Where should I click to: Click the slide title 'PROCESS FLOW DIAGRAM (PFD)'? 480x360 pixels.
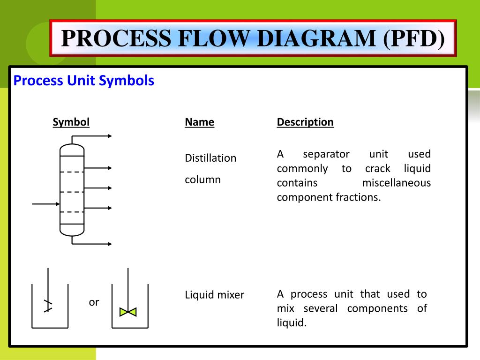253,38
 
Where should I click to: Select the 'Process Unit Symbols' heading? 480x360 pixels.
84,81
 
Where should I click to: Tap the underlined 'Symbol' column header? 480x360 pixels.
71,122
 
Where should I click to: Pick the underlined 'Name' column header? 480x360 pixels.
199,122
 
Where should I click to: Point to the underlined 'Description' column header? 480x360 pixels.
305,122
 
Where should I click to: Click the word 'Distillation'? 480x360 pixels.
210,158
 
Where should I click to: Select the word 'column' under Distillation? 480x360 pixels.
202,180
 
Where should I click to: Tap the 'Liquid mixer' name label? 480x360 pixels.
214,295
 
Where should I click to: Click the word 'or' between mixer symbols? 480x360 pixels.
94,302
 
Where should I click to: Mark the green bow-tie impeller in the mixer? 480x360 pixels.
128,312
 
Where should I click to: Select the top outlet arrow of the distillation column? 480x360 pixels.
94,136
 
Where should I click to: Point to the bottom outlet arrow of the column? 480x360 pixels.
94,244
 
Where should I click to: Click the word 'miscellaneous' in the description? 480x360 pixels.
396,182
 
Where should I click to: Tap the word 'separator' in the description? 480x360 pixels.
326,154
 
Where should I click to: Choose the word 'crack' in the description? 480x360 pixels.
378,168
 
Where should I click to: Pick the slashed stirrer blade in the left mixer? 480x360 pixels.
47,306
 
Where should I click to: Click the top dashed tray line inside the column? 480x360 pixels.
72,172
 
